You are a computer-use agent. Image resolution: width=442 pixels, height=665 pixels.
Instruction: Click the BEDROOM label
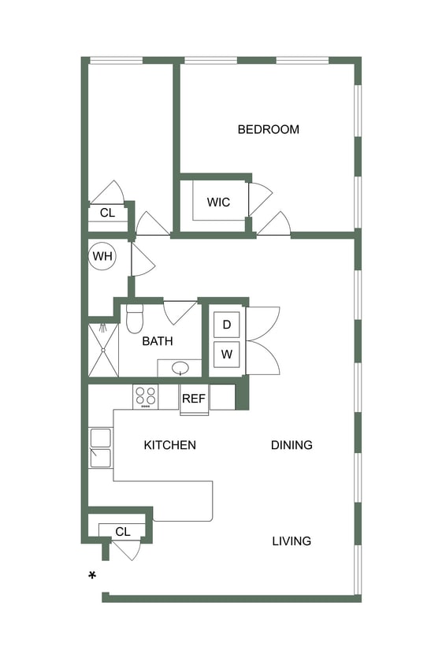click(x=268, y=129)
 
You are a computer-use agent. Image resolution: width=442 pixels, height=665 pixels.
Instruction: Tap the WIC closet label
click(x=218, y=202)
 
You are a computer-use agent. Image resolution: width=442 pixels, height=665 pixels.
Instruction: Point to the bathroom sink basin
click(x=180, y=367)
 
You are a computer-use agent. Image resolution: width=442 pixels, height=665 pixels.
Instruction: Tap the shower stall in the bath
click(x=102, y=349)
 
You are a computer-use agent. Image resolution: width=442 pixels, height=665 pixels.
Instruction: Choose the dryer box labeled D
click(x=227, y=325)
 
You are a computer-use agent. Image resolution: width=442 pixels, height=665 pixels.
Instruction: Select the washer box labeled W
click(x=227, y=355)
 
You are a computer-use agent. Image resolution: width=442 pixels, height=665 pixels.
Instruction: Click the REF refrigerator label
click(x=194, y=399)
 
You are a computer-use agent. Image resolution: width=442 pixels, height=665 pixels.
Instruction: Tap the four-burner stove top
click(x=145, y=396)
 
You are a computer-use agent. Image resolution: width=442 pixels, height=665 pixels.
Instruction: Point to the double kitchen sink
click(x=100, y=448)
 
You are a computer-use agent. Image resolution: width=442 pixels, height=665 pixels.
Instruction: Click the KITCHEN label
click(x=169, y=445)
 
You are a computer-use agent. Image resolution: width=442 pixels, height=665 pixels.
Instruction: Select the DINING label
click(x=292, y=445)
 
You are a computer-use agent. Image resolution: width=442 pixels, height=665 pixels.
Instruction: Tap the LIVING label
click(x=292, y=541)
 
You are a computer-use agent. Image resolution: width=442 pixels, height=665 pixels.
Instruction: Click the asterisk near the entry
click(x=92, y=576)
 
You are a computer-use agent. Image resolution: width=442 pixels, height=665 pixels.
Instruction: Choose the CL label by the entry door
click(x=122, y=532)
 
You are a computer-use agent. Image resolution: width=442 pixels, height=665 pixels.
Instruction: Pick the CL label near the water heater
click(x=107, y=213)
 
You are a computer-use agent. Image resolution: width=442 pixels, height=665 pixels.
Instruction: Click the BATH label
click(x=158, y=341)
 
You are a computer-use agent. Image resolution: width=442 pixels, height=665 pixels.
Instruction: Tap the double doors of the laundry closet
click(x=262, y=340)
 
